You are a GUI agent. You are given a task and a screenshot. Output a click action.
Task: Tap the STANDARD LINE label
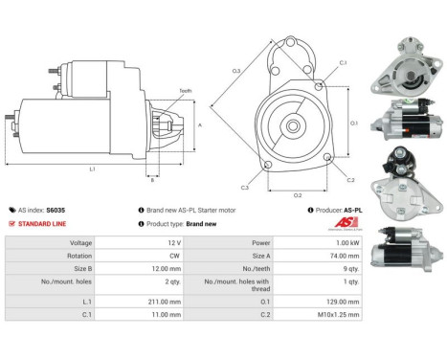[x=43, y=223]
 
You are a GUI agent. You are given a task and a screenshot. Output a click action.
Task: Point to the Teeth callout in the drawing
[x=185, y=90]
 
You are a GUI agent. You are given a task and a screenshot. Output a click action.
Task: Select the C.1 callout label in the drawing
[x=343, y=63]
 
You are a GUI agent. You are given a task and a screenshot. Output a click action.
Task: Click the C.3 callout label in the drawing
[x=245, y=188]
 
